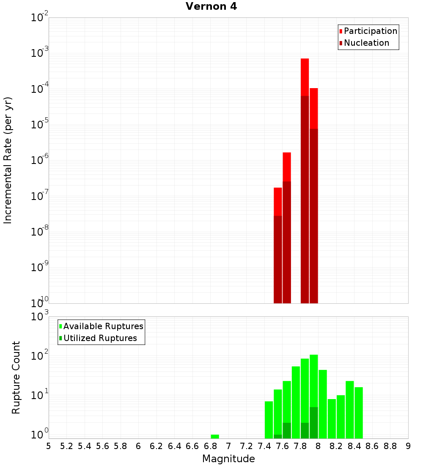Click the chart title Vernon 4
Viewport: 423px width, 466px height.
(x=211, y=7)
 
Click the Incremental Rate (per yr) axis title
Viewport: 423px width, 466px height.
(x=8, y=161)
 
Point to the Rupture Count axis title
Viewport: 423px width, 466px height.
(x=16, y=377)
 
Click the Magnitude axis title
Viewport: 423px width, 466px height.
(x=228, y=459)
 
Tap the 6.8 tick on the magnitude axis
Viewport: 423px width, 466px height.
(x=210, y=446)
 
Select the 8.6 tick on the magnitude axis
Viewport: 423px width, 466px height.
(x=372, y=446)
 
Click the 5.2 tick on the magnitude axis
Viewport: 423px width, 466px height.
(x=66, y=446)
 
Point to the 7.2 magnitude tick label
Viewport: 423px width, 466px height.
(x=246, y=446)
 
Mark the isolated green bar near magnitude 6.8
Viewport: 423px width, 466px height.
(x=215, y=436)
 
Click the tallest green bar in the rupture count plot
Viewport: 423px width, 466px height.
(x=314, y=381)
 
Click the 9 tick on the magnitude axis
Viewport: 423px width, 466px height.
(x=408, y=446)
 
